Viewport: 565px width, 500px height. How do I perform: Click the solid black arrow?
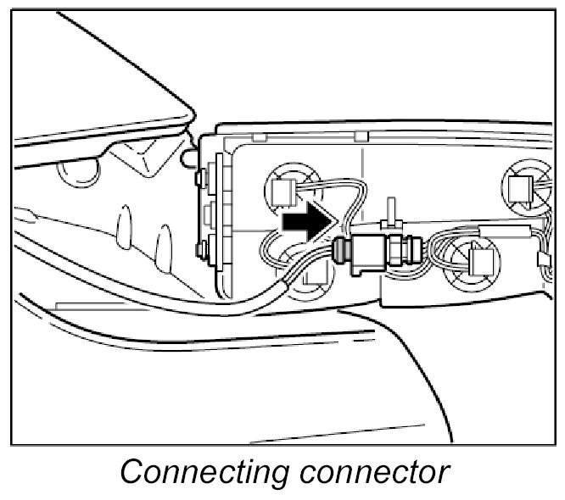(306, 223)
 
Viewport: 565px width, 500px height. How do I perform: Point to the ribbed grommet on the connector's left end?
(340, 251)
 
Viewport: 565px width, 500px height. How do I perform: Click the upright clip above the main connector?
(392, 212)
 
